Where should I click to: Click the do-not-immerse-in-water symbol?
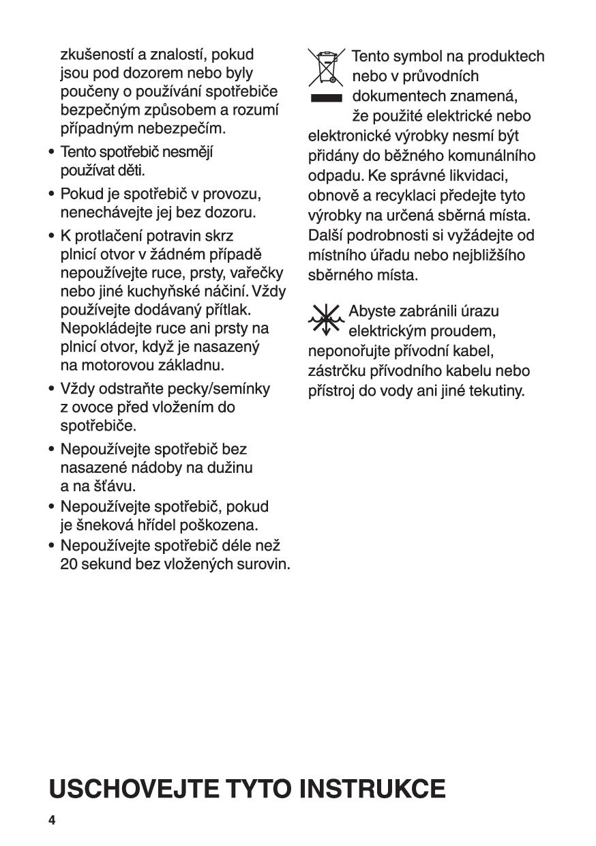(x=325, y=319)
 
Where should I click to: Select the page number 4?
(x=52, y=819)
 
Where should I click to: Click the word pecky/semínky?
(x=224, y=389)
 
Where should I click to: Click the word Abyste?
(x=372, y=311)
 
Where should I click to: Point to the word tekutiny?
(x=494, y=392)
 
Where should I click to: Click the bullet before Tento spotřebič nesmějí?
(x=52, y=151)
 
